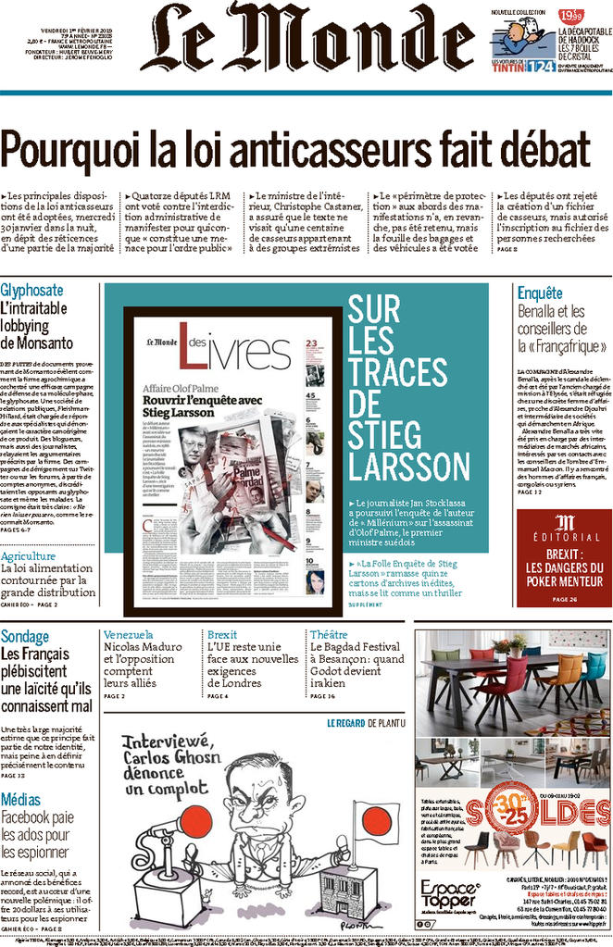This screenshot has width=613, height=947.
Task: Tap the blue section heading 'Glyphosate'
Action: [x=32, y=291]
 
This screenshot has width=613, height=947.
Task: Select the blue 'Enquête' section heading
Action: [x=540, y=293]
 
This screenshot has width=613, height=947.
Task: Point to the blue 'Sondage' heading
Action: [x=25, y=637]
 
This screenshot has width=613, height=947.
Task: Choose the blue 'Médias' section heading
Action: [x=20, y=800]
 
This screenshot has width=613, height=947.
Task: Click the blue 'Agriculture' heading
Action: [x=29, y=556]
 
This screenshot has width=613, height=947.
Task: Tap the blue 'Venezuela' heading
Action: [x=129, y=635]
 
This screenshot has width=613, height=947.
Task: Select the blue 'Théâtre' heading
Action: [x=329, y=635]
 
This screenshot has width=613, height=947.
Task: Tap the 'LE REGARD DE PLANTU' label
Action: [x=365, y=722]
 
